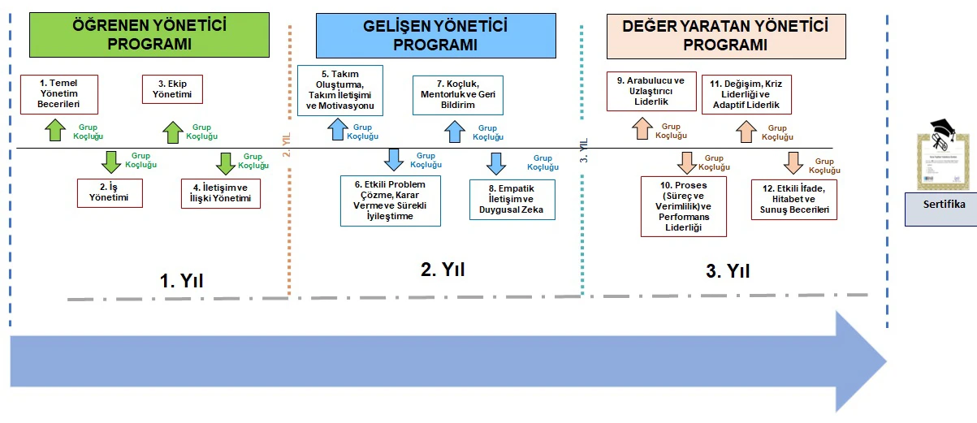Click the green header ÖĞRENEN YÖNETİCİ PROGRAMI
coord(149,35)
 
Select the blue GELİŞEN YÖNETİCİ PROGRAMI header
coord(434,35)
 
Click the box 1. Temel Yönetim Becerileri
coord(59,94)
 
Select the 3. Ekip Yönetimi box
coord(172,88)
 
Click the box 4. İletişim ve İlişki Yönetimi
coord(221,193)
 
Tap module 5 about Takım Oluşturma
coord(340,90)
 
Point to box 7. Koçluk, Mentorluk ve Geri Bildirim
coord(457,94)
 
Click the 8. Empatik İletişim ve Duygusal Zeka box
coord(510,200)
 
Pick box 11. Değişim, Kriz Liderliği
coord(745,95)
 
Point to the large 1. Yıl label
coord(181,281)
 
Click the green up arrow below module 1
coord(55,130)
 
